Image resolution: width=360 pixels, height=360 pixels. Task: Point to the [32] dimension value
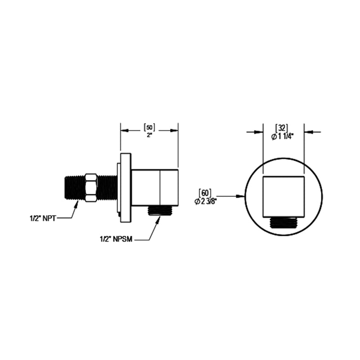click(283, 128)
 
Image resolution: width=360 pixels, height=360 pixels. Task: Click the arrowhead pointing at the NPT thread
click(75, 205)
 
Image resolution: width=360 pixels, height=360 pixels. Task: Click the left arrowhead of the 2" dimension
click(124, 130)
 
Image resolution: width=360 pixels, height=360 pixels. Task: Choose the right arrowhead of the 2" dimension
click(174, 130)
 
